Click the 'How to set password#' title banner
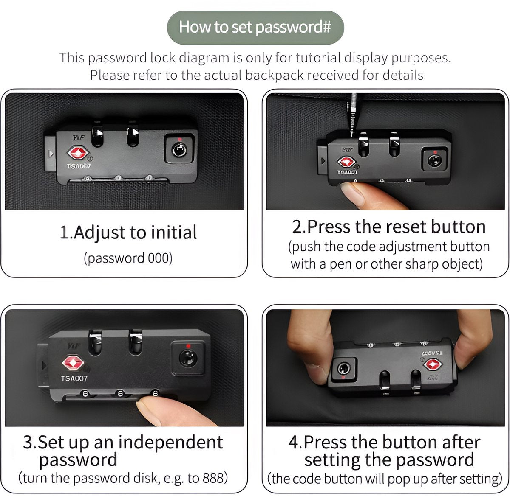click(255, 28)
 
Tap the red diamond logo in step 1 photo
click(78, 153)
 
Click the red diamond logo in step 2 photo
click(346, 162)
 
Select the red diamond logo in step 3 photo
click(73, 363)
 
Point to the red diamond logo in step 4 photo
click(433, 364)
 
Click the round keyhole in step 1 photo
click(179, 150)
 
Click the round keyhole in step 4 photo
click(343, 369)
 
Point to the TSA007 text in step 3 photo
click(74, 378)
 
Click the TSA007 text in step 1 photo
click(79, 166)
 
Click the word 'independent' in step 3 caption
click(170, 442)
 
